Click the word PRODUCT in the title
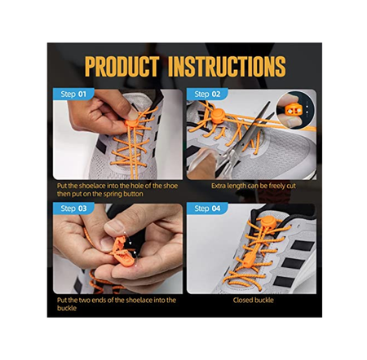click(122, 67)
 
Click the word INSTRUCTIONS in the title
click(227, 67)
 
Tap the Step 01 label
click(73, 94)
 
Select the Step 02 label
click(207, 94)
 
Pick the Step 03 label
click(73, 209)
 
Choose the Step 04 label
click(207, 209)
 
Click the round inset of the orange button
click(295, 110)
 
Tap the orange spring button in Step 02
click(218, 116)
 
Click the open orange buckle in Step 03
click(122, 251)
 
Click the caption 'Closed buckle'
click(253, 300)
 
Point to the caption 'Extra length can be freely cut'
click(254, 186)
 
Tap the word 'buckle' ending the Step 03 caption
click(67, 308)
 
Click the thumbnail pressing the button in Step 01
click(133, 114)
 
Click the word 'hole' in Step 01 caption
click(137, 186)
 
